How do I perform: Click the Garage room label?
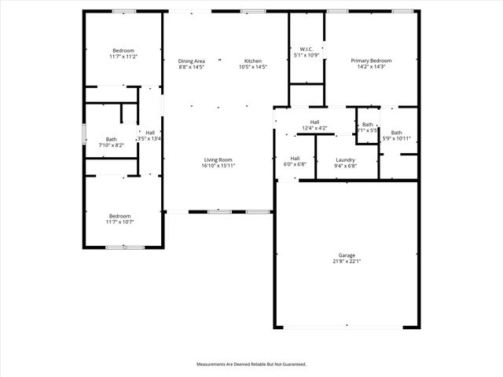347,255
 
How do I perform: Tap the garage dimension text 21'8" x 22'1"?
347,262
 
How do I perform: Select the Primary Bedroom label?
371,60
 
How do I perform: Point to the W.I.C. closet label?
307,49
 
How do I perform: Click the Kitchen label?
252,60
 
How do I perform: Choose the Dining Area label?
191,60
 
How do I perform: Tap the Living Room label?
218,159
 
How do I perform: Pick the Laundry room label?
346,159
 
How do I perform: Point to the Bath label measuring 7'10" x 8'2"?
112,139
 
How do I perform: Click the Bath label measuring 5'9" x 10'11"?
396,133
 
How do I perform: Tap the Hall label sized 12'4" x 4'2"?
314,122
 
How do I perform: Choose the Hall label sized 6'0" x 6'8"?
295,158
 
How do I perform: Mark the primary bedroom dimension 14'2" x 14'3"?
371,67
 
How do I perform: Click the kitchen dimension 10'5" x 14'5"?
252,67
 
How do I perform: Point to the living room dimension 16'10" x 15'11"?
218,166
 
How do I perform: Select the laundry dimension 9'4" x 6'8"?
346,166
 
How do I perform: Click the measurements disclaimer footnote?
251,364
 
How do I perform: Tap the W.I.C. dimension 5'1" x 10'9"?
307,55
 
